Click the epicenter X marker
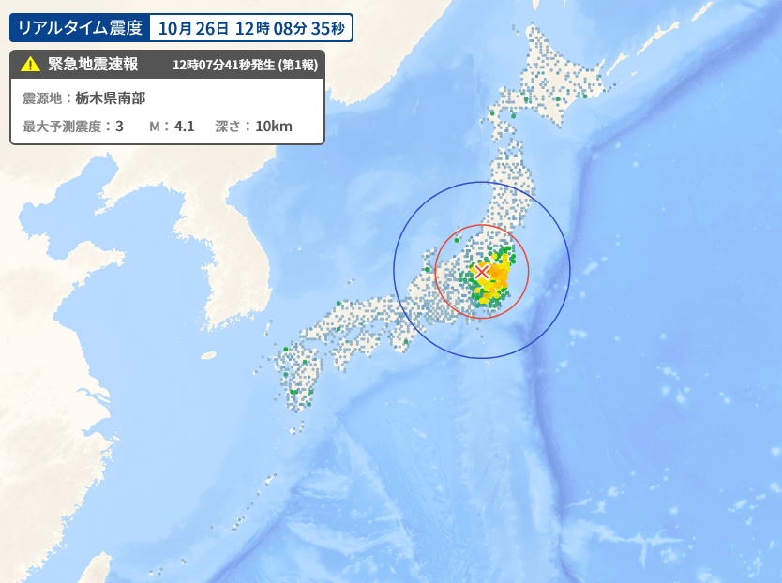click(482, 272)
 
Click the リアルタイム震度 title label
click(80, 28)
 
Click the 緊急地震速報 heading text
click(93, 65)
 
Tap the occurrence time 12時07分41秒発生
click(224, 66)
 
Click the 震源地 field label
click(41, 97)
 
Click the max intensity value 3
click(119, 126)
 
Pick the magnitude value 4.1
click(184, 126)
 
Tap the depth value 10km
click(273, 126)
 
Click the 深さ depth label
click(228, 126)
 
